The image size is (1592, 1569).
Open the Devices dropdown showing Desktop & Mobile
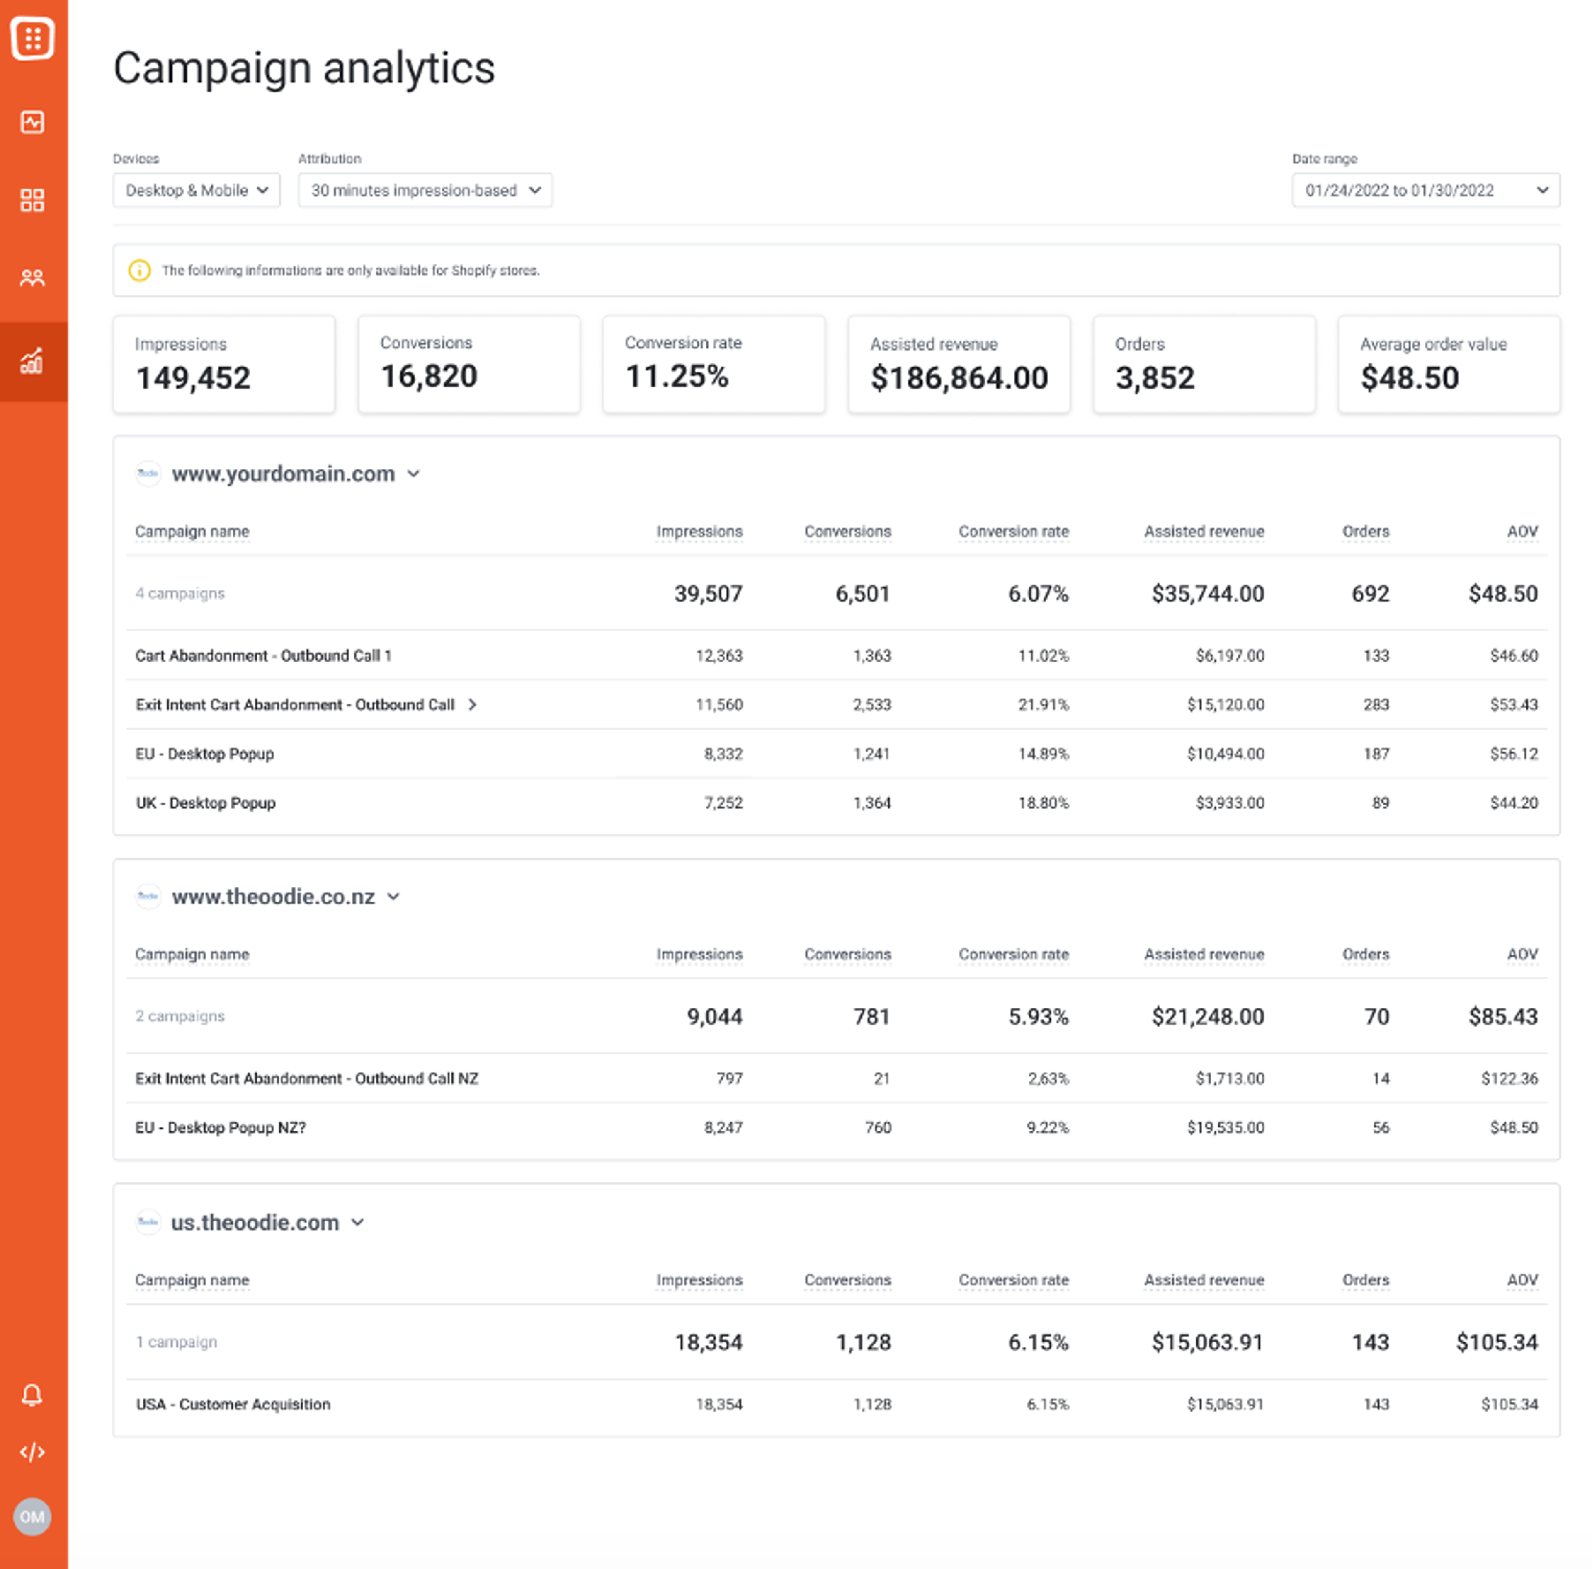pos(196,190)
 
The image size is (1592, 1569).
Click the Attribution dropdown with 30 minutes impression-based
pos(425,190)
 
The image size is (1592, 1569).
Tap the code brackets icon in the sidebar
pos(32,1452)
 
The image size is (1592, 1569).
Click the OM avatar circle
pos(32,1516)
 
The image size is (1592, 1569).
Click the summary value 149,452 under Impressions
pos(193,378)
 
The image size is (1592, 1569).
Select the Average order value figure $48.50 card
pos(1409,378)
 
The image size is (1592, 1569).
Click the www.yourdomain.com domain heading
pos(283,474)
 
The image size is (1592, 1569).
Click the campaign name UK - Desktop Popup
pos(205,803)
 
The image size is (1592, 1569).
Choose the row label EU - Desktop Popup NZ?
pos(220,1127)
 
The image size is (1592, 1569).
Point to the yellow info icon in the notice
pos(139,270)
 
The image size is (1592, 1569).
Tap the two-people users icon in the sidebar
pos(32,278)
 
